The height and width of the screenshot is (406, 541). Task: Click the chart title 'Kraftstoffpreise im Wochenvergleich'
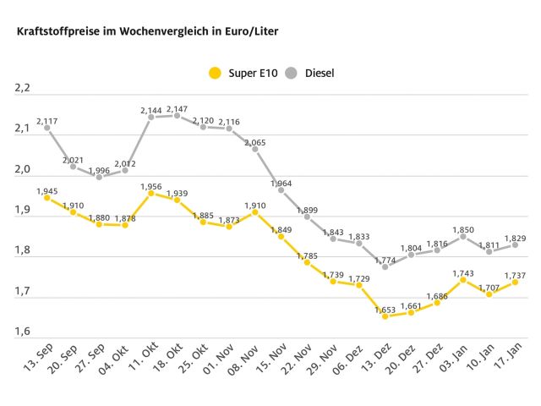[141, 31]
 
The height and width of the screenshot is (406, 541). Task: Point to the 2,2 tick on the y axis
[22, 87]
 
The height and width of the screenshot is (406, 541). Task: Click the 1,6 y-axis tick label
[22, 332]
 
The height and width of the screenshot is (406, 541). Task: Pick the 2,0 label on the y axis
[22, 169]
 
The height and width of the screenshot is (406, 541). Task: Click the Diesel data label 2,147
[177, 108]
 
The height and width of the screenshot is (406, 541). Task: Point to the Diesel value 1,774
[385, 260]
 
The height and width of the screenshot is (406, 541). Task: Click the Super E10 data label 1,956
[150, 186]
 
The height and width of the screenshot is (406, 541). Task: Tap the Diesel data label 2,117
[47, 121]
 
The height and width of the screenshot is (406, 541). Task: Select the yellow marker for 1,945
[47, 198]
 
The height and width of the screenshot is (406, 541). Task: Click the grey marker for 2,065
[255, 149]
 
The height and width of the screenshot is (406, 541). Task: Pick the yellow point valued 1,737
[516, 282]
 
